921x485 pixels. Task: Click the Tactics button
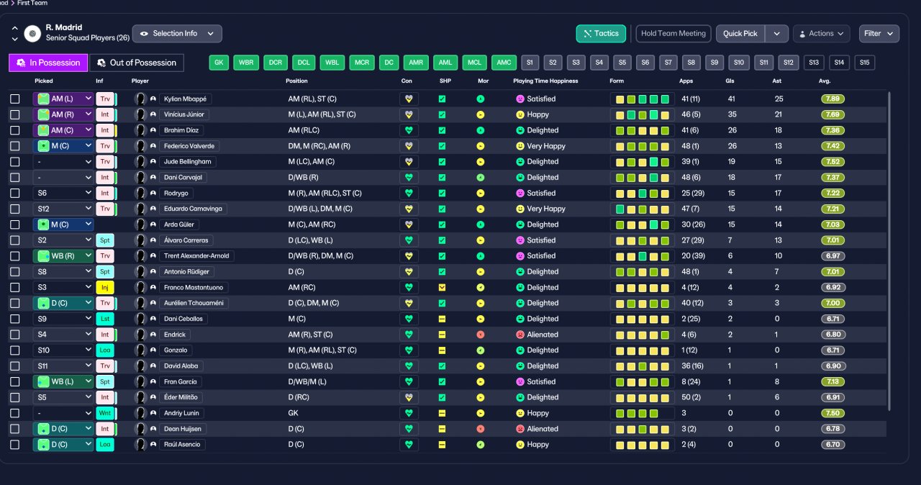click(x=601, y=34)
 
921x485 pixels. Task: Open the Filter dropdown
click(x=879, y=34)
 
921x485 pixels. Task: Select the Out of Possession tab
click(x=137, y=63)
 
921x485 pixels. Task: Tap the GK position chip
click(x=219, y=63)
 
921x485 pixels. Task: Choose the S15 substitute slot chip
click(x=864, y=63)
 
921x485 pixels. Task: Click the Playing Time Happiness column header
click(x=545, y=81)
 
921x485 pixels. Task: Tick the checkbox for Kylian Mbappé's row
click(x=15, y=99)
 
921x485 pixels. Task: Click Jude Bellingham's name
click(x=188, y=162)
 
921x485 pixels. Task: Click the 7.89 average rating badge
click(x=832, y=99)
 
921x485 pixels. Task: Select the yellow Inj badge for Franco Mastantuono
click(x=105, y=287)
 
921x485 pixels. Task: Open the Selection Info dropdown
click(x=177, y=34)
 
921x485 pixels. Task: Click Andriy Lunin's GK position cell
click(x=293, y=413)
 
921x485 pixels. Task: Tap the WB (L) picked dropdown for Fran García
click(x=63, y=382)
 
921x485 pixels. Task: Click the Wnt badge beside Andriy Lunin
click(x=105, y=413)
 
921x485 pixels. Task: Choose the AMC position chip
click(x=504, y=63)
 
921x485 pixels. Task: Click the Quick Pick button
click(x=740, y=34)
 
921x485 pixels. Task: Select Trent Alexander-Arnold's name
click(x=196, y=256)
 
